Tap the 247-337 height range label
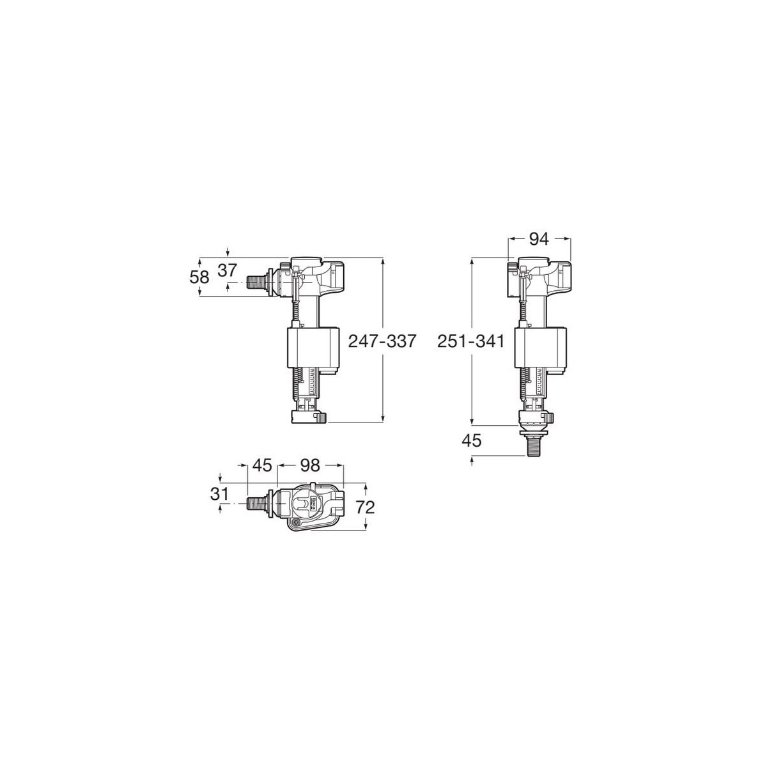click(x=382, y=341)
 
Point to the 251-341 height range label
click(x=471, y=341)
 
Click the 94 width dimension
click(x=539, y=239)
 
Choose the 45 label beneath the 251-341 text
click(x=471, y=440)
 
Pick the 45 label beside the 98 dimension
click(x=261, y=466)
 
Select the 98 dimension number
click(x=311, y=466)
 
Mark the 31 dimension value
click(x=220, y=493)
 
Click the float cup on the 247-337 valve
click(x=309, y=348)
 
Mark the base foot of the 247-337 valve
click(x=308, y=417)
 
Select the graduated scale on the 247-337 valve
click(x=311, y=383)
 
